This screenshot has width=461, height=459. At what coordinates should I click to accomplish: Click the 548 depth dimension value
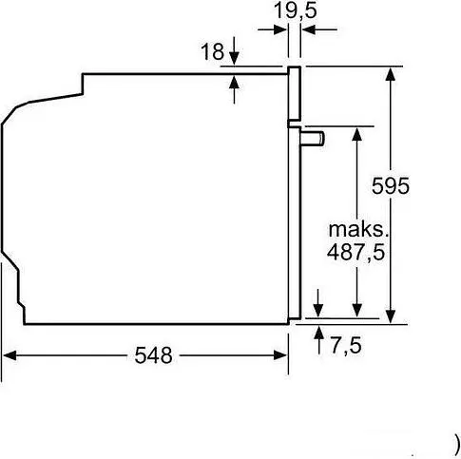point(153,356)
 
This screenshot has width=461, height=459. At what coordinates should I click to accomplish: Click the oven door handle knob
point(315,139)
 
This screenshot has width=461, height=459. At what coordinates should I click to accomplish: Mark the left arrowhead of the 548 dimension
point(10,356)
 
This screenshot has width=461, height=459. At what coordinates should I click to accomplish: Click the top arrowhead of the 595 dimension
point(391,73)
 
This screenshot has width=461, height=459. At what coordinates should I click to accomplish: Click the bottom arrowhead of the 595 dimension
point(391,317)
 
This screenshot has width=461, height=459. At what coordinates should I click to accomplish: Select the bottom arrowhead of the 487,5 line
point(356,310)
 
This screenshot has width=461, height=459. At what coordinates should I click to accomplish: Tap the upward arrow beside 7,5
point(318,333)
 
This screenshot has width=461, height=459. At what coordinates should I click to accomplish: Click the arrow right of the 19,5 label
point(310,30)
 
